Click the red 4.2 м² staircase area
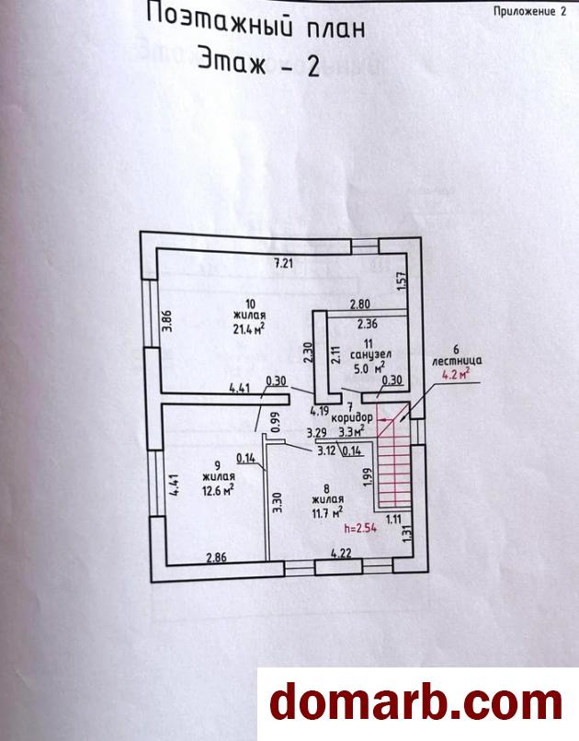[455, 373]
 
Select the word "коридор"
[354, 416]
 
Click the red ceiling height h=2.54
[361, 529]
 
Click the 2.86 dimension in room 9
[217, 557]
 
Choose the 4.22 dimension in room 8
[342, 554]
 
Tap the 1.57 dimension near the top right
[402, 281]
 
